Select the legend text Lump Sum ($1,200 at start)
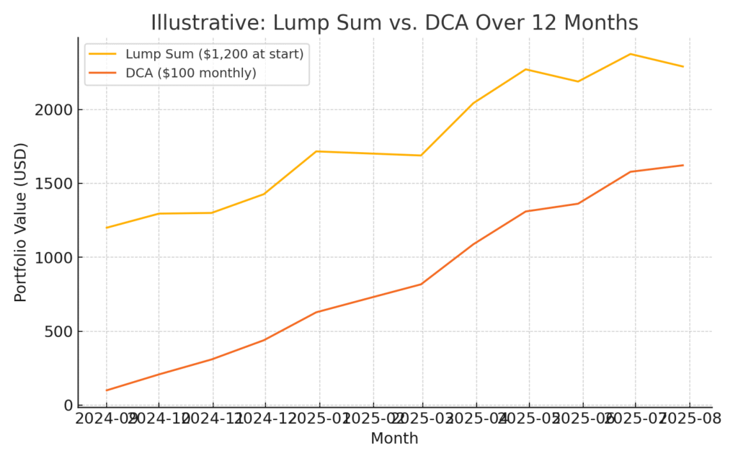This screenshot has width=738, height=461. click(214, 54)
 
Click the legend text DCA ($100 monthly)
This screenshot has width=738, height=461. click(190, 73)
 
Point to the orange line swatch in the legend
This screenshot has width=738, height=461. click(103, 73)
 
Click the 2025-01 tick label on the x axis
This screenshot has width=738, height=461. click(319, 419)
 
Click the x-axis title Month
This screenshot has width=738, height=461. click(394, 438)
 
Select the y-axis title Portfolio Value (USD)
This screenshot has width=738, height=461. click(21, 222)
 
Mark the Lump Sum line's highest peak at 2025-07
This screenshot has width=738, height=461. click(631, 54)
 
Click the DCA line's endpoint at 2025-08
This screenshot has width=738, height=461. click(683, 165)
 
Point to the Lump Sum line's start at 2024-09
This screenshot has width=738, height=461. click(107, 228)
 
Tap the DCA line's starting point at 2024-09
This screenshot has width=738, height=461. click(107, 390)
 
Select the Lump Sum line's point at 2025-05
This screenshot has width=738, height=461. click(526, 69)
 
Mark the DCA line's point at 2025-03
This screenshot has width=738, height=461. click(422, 284)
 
